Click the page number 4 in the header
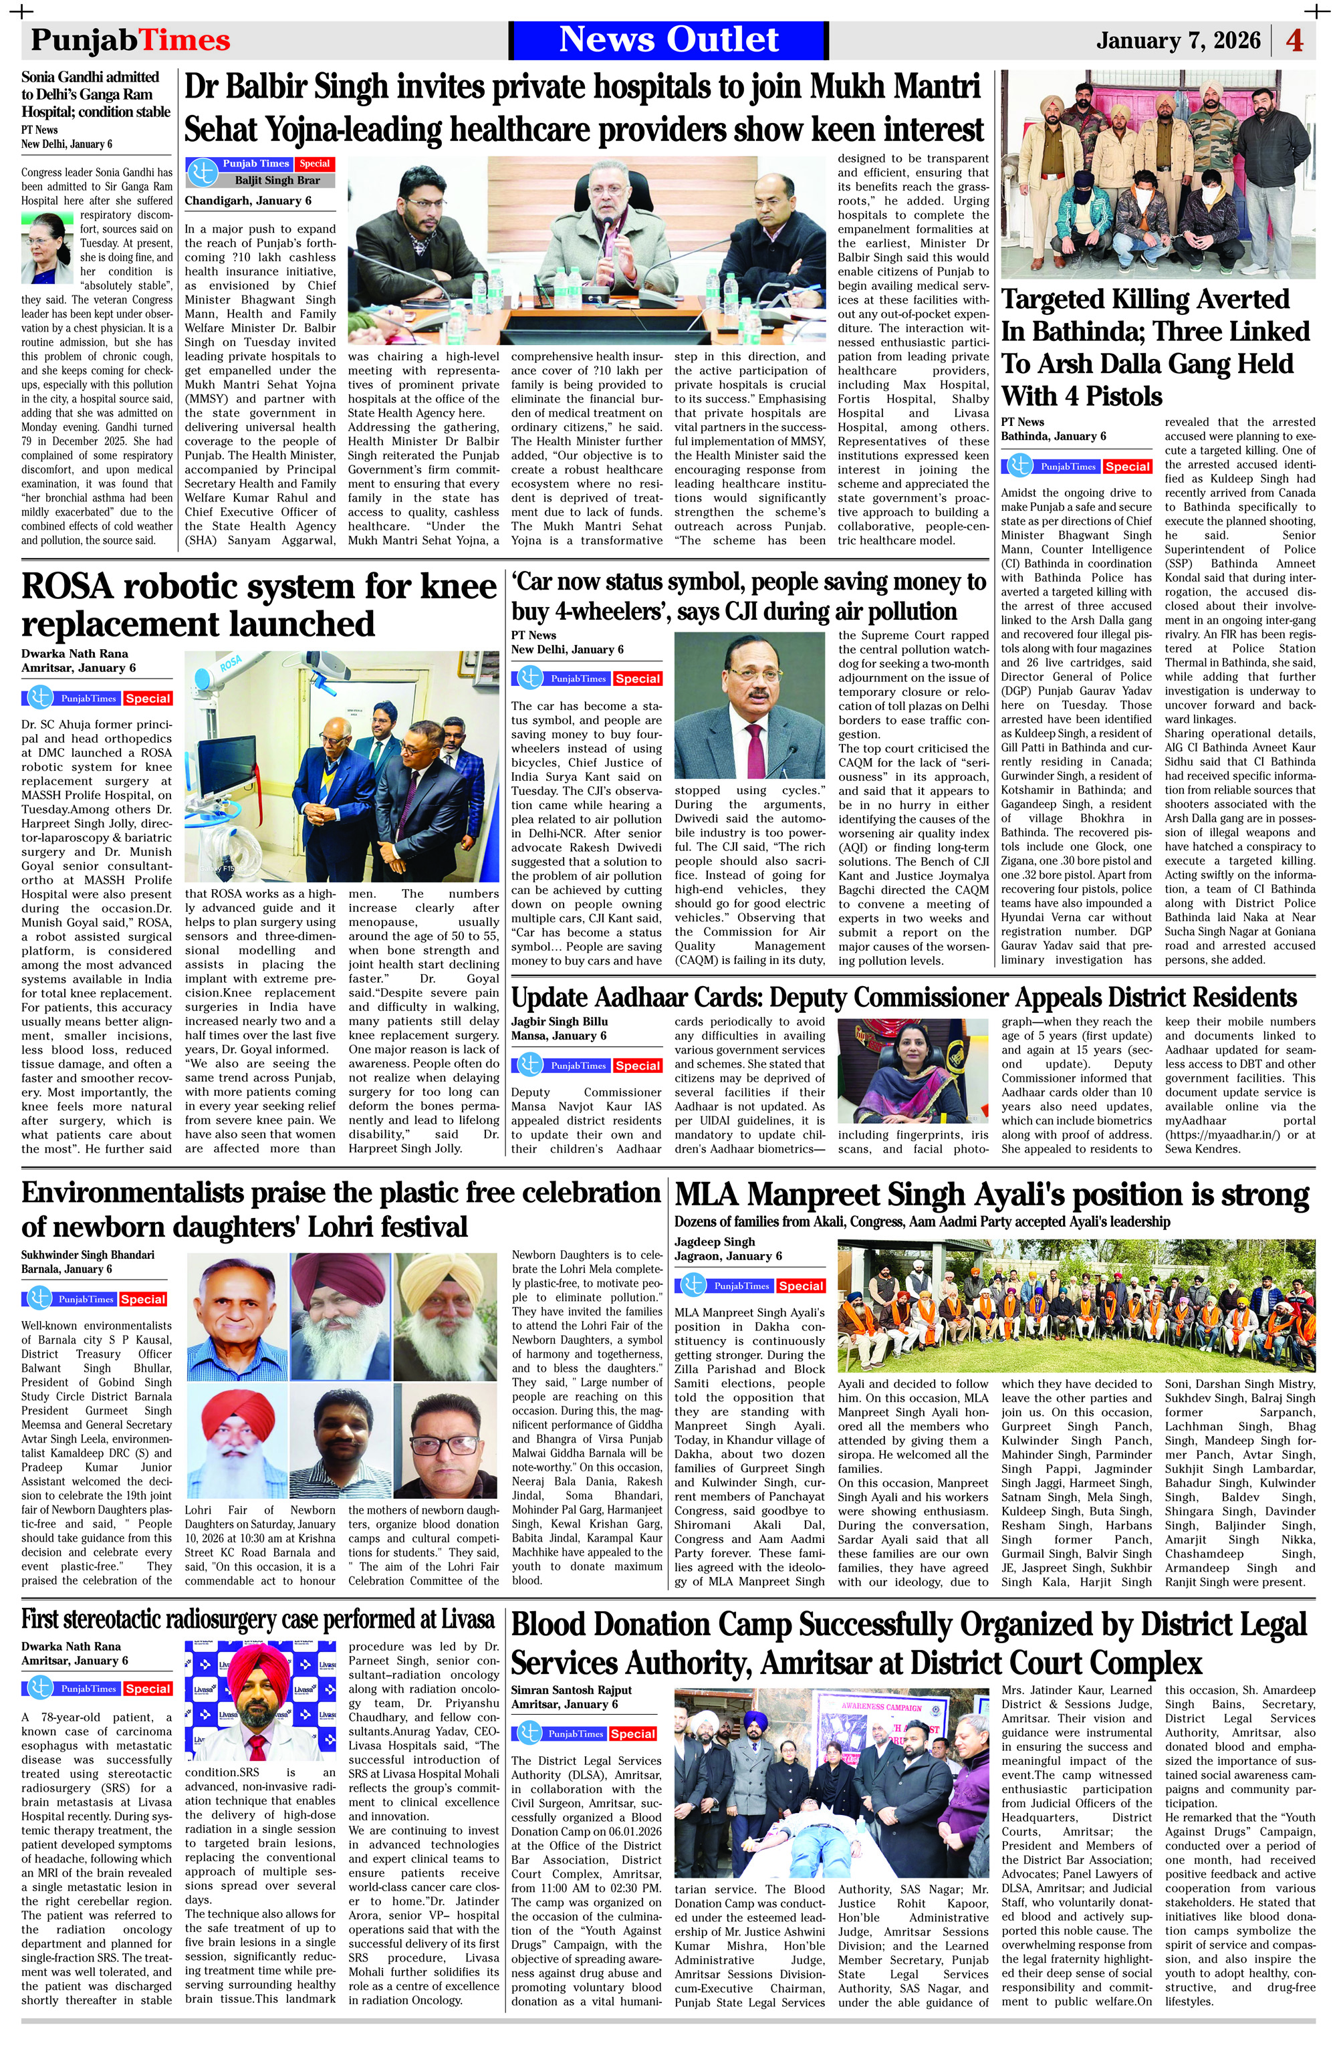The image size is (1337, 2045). click(x=1294, y=40)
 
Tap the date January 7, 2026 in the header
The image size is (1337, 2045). click(x=1178, y=40)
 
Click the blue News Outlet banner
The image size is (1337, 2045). click(x=668, y=39)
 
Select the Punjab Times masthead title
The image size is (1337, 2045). click(x=130, y=40)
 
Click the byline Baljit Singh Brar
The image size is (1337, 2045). click(x=277, y=181)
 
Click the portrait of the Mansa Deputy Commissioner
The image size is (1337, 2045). click(x=913, y=1069)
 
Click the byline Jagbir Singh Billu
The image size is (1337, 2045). click(x=560, y=1021)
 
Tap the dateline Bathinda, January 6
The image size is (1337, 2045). click(x=1054, y=437)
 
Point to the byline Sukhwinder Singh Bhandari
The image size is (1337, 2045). click(x=88, y=1255)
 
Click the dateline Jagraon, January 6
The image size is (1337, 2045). click(x=728, y=1255)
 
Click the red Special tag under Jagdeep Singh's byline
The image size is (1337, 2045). click(x=801, y=1286)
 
